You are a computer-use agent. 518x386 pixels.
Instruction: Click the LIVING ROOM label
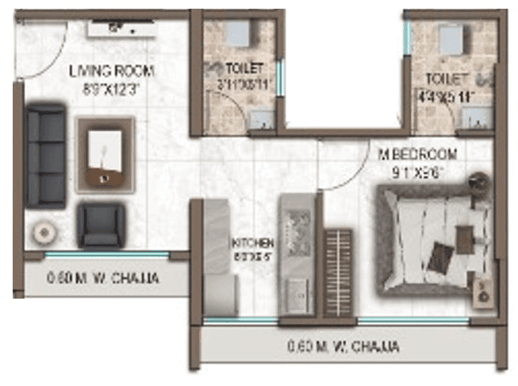[x=111, y=71]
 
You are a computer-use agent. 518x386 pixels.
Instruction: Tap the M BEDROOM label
[x=417, y=153]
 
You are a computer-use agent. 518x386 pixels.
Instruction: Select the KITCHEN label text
[x=252, y=241]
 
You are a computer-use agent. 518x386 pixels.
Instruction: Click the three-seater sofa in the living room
[x=45, y=156]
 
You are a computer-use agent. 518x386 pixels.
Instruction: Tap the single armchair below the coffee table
[x=100, y=225]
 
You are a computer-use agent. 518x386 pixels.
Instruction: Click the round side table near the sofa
[x=43, y=232]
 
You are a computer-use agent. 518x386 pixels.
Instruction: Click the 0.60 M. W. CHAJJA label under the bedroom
[x=343, y=347]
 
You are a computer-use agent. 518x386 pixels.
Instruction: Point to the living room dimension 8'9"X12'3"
[x=112, y=89]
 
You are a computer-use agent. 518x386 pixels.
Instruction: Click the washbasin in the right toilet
[x=476, y=120]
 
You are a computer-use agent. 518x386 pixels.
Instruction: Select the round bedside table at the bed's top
[x=478, y=181]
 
